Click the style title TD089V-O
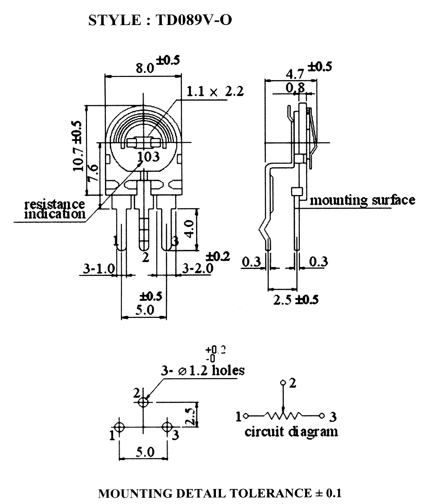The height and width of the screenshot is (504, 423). point(194,20)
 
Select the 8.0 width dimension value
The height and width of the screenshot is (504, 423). point(145,68)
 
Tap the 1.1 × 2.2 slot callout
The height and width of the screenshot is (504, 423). point(215,91)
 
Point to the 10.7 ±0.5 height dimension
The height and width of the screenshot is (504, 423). point(78,146)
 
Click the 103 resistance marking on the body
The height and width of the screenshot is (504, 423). point(148,156)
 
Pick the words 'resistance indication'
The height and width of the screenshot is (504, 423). point(55,209)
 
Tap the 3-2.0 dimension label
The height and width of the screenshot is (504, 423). point(197,268)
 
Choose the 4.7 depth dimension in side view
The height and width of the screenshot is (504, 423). point(295,74)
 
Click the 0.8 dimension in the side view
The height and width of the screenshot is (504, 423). point(295,88)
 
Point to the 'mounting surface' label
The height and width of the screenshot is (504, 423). point(362,201)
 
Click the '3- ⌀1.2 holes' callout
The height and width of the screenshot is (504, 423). point(202,371)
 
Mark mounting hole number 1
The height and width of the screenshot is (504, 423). point(119,427)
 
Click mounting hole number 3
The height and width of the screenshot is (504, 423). point(167,427)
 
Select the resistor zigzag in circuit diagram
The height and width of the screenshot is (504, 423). point(283,416)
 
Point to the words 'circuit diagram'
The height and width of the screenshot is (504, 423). point(291,432)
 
